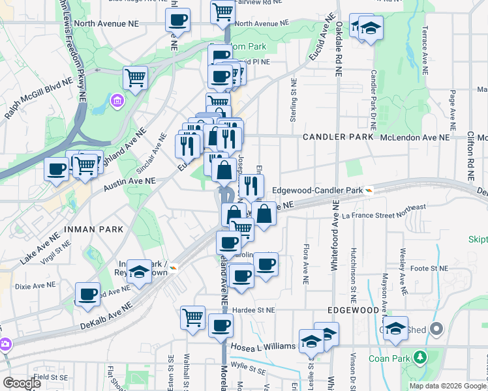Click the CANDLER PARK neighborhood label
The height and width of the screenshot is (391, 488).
pyautogui.click(x=338, y=138)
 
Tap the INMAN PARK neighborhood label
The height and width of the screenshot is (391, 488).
pyautogui.click(x=89, y=229)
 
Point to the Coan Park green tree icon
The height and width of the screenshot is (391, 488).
pyautogui.click(x=420, y=356)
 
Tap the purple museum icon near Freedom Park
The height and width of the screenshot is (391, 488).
pyautogui.click(x=118, y=101)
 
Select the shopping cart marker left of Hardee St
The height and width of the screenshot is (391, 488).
pyautogui.click(x=193, y=317)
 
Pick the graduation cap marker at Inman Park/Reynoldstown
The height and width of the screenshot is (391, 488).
pyautogui.click(x=139, y=272)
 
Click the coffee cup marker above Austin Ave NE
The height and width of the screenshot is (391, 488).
pyautogui.click(x=57, y=169)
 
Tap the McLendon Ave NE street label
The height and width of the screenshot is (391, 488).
pyautogui.click(x=415, y=138)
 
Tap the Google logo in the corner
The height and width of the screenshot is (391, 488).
pyautogui.click(x=21, y=383)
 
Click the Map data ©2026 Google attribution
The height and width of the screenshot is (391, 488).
pyautogui.click(x=448, y=386)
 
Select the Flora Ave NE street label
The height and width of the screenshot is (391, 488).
pyautogui.click(x=305, y=264)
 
